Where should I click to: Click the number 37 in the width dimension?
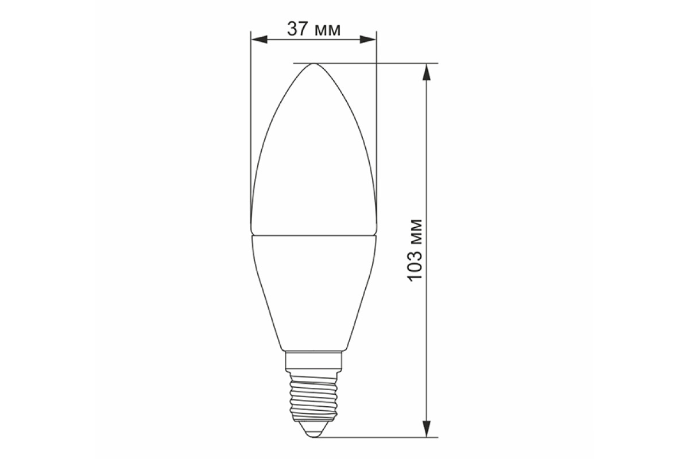(x=297, y=29)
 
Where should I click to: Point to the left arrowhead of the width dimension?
(x=260, y=40)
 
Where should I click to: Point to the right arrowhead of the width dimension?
(x=367, y=40)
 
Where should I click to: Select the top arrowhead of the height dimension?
(x=426, y=72)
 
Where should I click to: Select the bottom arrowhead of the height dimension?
(x=426, y=429)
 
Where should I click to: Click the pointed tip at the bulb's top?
(x=313, y=64)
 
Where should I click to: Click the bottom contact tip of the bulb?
(x=313, y=435)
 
